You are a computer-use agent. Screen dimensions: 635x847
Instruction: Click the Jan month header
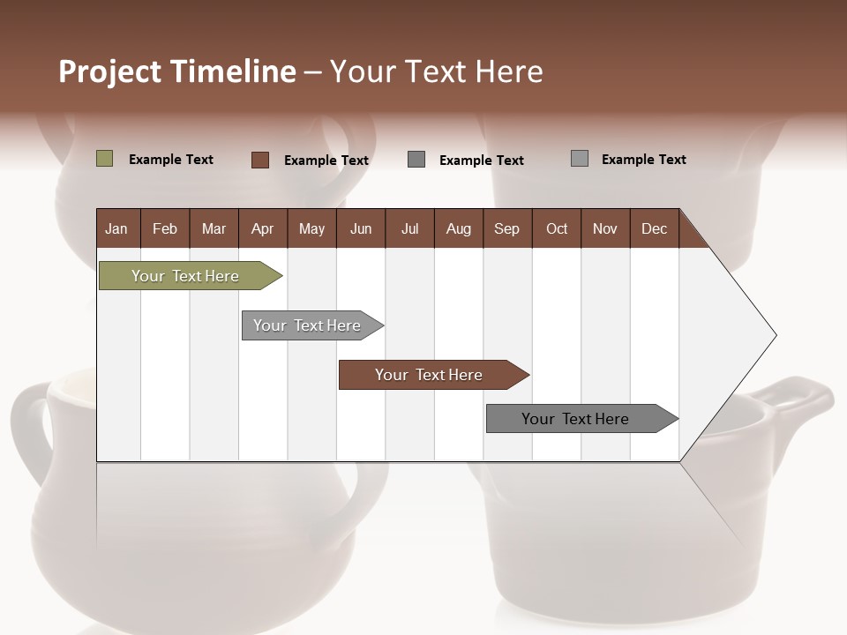[116, 228]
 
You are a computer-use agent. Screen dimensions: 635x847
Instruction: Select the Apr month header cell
[262, 228]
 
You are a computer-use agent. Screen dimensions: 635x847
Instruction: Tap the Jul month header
[409, 228]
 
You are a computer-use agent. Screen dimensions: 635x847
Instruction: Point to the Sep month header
[506, 228]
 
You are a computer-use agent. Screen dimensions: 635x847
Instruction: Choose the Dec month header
[654, 228]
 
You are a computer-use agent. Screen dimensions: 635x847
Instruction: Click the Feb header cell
[165, 228]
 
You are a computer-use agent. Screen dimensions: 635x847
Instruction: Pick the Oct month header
[557, 228]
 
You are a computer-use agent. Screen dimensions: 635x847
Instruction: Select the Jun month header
[361, 228]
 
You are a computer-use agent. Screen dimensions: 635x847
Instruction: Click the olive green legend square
[104, 159]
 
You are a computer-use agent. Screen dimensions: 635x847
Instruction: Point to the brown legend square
[259, 160]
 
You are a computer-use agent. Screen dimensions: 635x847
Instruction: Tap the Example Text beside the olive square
[171, 160]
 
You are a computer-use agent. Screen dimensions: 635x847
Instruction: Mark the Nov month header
[605, 228]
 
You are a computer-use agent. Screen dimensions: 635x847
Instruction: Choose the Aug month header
[458, 228]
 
